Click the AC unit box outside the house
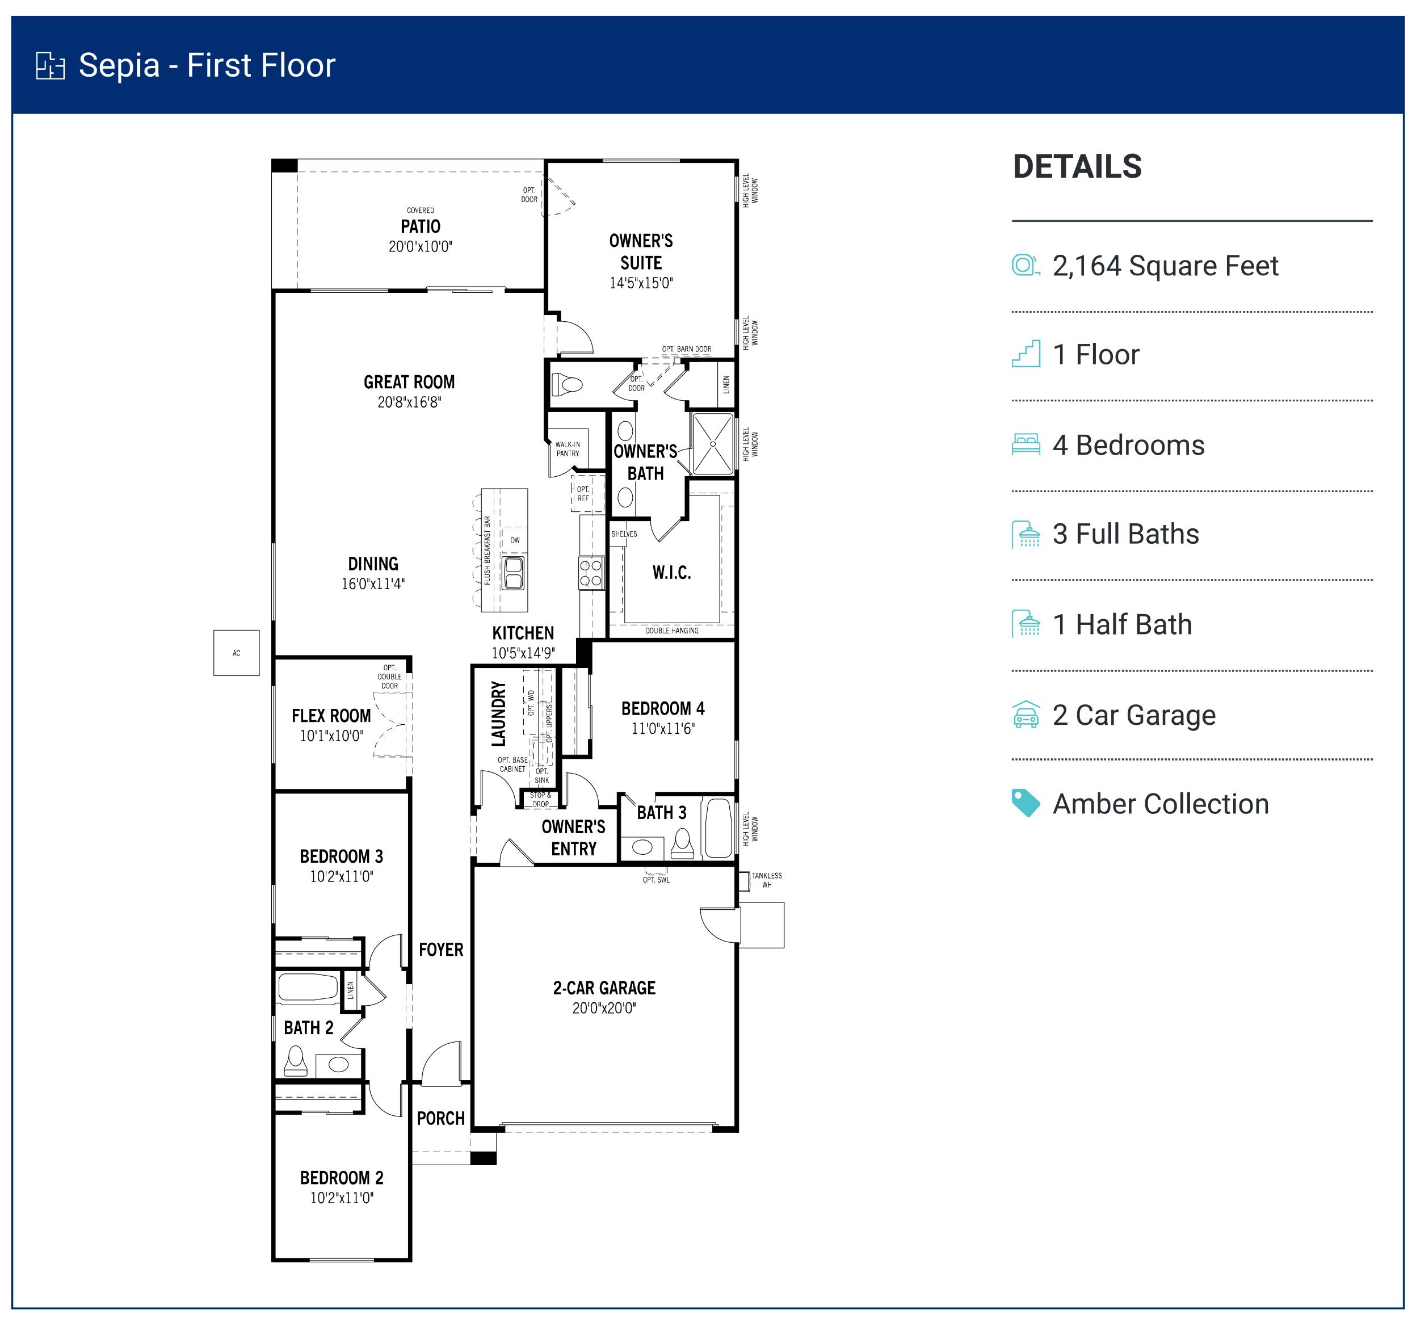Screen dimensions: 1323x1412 236,653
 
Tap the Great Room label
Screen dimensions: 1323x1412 409,382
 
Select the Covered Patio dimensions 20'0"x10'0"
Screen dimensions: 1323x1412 420,247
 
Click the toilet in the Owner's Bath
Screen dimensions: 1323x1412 568,385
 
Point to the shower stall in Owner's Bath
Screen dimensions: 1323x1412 712,444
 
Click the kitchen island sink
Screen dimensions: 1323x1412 513,573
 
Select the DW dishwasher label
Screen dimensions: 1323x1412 515,540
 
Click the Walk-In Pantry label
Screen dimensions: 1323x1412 568,449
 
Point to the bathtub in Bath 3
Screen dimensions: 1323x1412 718,829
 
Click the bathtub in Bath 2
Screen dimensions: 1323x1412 308,988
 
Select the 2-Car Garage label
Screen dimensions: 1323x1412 604,988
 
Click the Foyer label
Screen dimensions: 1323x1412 440,950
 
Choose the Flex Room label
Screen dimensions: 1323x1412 331,716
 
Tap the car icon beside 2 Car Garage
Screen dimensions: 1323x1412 1026,715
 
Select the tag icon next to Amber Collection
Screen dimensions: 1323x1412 1026,804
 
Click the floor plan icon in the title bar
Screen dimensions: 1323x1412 51,65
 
